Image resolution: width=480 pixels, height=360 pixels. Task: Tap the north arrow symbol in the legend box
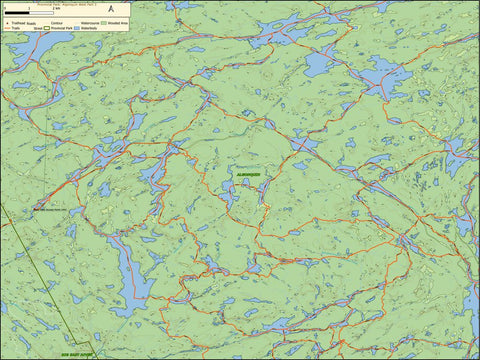[x=112, y=9]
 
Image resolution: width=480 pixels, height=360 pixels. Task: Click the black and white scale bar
[x=29, y=13]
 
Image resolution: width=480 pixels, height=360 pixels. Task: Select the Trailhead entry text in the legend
[x=17, y=23]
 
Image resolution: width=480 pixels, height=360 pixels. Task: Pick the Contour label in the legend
[x=55, y=23]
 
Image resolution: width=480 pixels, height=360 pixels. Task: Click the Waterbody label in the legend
[x=87, y=28]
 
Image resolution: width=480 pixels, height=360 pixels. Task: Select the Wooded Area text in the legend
[x=117, y=23]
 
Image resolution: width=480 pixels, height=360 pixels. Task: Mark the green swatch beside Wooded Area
[x=103, y=23]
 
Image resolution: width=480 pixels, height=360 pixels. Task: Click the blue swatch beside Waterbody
[x=76, y=28]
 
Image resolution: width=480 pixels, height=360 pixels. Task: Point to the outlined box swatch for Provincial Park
[x=47, y=28]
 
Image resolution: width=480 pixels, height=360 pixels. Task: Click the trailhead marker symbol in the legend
[x=7, y=23]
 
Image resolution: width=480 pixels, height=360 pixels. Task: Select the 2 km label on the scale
[x=56, y=9]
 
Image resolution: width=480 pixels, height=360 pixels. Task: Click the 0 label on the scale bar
[x=5, y=9]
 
